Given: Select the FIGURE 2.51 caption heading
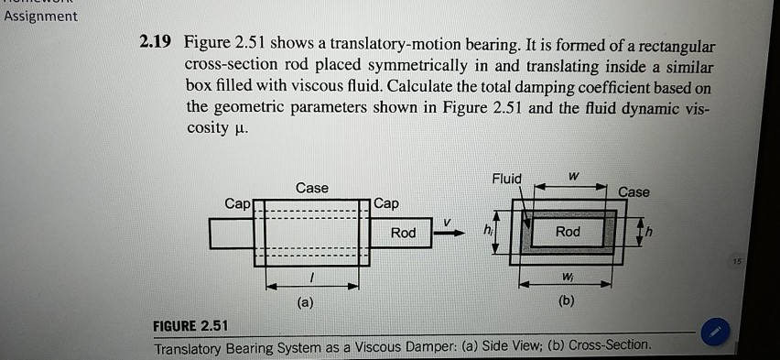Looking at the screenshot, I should [191, 326].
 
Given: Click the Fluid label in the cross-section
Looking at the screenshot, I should [506, 178].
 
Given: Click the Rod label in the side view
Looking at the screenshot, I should [403, 233].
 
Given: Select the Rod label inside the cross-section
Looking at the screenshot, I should [567, 232].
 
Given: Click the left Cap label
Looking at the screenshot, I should [236, 202].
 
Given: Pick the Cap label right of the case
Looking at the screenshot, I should [387, 202].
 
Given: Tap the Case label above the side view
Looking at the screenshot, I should [312, 188].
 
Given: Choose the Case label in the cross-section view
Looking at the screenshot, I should [634, 191].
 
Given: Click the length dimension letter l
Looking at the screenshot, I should [312, 278].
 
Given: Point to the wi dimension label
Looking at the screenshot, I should [568, 276].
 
